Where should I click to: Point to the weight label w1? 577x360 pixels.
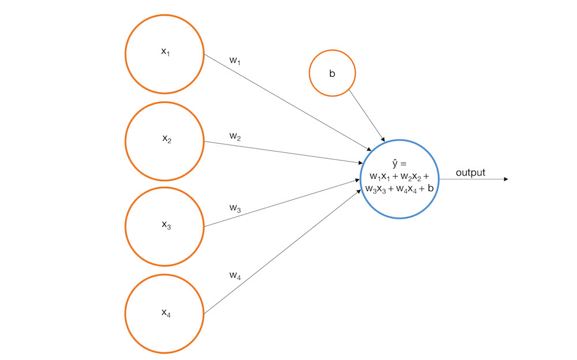235,61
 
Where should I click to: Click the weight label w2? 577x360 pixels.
235,137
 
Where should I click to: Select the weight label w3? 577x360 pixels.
235,208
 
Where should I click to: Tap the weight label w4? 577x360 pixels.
235,275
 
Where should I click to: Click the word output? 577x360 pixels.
471,172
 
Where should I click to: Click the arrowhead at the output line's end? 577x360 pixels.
506,179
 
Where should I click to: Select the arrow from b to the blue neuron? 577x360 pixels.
367,115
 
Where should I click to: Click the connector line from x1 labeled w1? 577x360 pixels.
288,102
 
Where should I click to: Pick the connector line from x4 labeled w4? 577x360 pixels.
282,252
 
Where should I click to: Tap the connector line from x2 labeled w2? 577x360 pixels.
283,152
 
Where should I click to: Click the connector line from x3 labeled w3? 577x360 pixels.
282,203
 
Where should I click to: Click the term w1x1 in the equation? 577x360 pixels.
380,177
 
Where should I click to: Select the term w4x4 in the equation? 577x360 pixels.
406,189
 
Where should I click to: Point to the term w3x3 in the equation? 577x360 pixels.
376,189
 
